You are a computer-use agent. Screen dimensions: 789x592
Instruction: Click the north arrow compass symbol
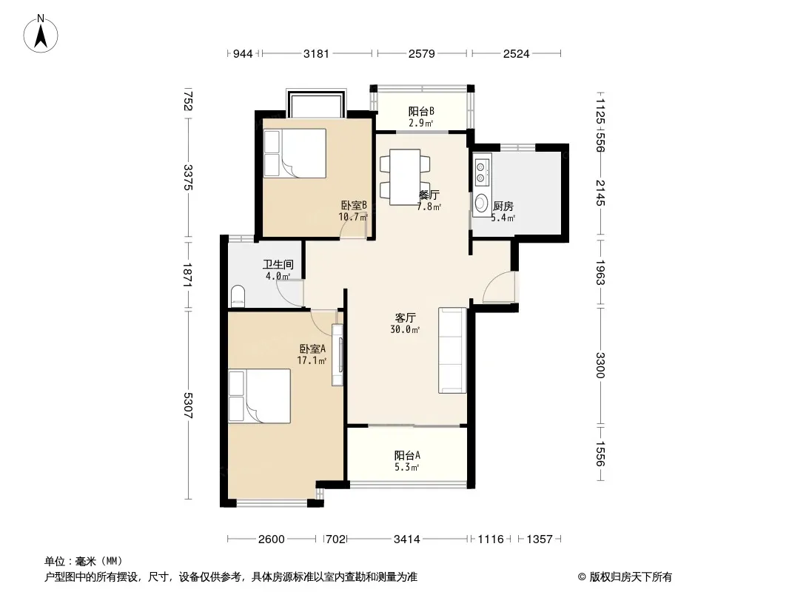point(41,34)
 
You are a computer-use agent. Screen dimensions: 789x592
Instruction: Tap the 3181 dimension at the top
point(316,53)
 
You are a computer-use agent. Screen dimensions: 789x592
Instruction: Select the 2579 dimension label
point(422,53)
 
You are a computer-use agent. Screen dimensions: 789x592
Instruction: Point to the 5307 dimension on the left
point(188,406)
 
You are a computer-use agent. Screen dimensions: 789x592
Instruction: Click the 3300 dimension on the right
point(600,365)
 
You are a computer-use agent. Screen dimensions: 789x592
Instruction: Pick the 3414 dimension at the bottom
point(406,539)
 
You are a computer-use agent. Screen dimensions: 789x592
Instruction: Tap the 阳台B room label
point(421,111)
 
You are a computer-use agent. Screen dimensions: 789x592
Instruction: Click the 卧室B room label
point(354,205)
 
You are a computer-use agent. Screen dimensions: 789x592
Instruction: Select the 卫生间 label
point(278,264)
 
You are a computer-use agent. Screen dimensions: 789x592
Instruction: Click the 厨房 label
point(503,206)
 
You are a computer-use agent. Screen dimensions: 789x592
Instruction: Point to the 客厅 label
point(405,318)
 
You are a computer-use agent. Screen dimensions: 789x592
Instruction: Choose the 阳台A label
point(407,456)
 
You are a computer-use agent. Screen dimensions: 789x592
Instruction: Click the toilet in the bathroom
point(238,296)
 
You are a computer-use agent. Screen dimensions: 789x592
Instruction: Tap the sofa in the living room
point(452,350)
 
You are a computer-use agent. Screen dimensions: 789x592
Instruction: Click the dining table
point(405,177)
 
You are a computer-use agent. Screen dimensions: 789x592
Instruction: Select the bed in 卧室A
point(259,396)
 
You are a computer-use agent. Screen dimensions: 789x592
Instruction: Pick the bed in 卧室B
point(295,153)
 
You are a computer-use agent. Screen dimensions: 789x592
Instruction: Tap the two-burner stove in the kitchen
point(482,171)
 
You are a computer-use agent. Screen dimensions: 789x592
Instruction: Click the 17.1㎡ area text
point(312,360)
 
